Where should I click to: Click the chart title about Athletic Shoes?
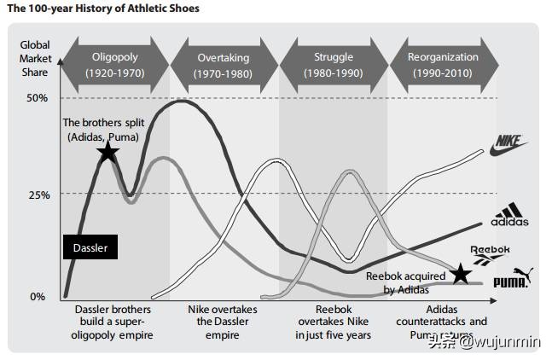coord(103,9)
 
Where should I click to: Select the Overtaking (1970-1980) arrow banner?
coord(224,64)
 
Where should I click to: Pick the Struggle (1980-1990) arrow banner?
coord(333,64)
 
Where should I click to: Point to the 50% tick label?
coord(37,98)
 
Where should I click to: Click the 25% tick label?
coord(37,195)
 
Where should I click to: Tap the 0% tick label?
coord(38,297)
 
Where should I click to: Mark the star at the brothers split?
coord(107,153)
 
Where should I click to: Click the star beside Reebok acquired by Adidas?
coord(461,274)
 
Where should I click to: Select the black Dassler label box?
coord(90,247)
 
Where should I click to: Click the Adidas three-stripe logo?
coord(510,216)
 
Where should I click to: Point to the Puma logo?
coord(512,277)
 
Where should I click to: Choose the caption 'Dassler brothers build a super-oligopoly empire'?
coord(113,322)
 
